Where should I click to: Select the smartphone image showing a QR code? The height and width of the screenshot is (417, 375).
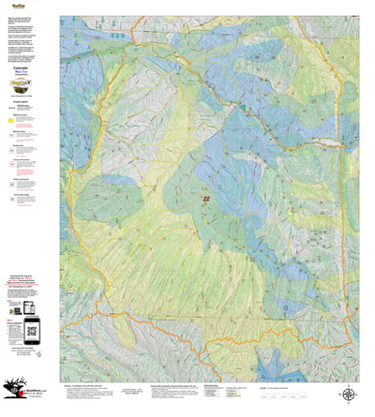point(33,329)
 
